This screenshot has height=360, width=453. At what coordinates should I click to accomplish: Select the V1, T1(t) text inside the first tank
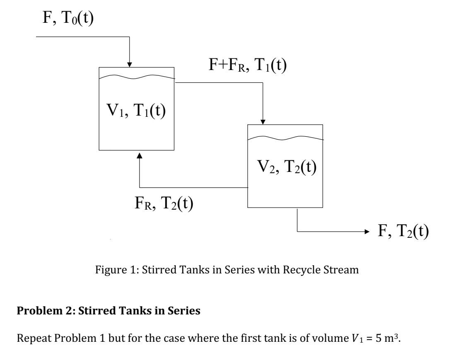tap(137, 112)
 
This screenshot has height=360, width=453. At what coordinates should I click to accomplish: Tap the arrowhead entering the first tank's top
tap(130, 64)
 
